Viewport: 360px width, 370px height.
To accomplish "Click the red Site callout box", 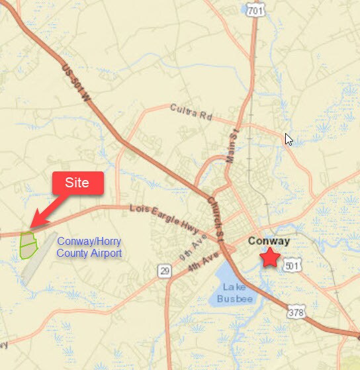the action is coord(77,183).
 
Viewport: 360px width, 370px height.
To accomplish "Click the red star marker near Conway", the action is coord(269,257).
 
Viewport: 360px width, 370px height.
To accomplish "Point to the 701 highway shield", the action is coord(253,11).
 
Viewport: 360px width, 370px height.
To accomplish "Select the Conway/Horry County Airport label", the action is coord(89,248).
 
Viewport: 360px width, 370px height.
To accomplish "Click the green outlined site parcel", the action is coord(28,244).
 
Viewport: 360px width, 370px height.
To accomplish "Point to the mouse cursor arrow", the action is coord(288,139).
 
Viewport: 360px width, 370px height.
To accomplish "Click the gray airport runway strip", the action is coord(40,258).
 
